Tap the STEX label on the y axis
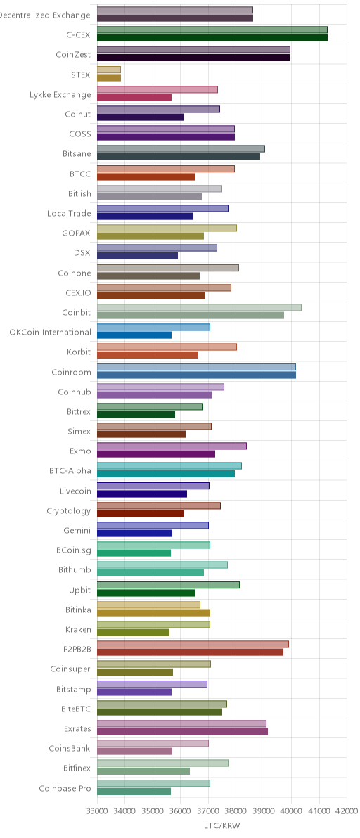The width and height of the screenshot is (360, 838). (81, 75)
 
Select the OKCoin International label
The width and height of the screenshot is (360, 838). (50, 332)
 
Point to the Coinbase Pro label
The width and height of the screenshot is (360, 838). (65, 788)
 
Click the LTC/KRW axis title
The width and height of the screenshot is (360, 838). (221, 826)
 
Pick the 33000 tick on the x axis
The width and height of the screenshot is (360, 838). (97, 811)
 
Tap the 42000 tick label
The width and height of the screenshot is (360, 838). (347, 811)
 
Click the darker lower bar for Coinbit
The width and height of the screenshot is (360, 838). (191, 316)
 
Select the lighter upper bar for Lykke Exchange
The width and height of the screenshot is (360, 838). (157, 89)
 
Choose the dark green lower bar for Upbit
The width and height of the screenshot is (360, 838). (146, 593)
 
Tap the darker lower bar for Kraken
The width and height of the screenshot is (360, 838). (133, 632)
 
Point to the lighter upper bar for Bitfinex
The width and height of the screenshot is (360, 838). (163, 763)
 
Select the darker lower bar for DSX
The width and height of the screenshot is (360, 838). (137, 256)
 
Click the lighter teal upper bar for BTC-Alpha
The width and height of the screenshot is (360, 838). (169, 465)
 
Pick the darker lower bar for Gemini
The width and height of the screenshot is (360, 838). (134, 534)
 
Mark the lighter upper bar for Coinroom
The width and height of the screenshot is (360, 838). (197, 367)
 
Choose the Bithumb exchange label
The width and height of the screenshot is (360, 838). (75, 569)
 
